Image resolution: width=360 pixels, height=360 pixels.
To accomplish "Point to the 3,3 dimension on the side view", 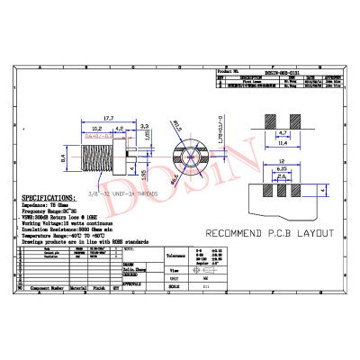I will tap(145, 128).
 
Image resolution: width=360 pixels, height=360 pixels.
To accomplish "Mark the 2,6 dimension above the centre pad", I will tap(282, 176).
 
